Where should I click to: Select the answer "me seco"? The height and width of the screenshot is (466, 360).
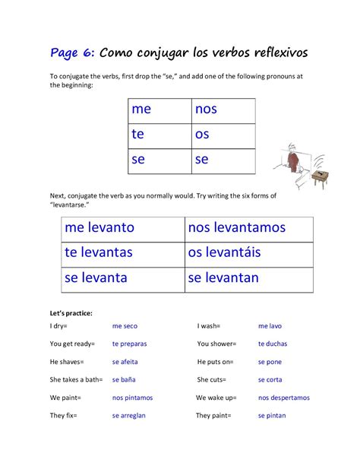coord(125,326)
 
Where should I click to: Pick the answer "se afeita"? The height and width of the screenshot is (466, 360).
coord(125,362)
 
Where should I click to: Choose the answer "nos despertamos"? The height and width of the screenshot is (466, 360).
coord(283,398)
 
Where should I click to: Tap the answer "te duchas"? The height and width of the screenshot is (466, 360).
coord(273,344)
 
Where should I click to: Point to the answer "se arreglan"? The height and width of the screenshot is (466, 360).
coord(128,416)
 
